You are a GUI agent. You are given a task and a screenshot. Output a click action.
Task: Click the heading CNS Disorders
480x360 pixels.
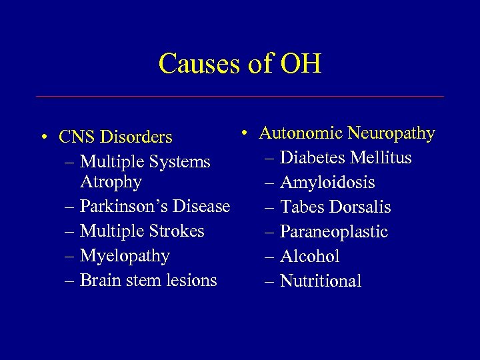(x=115, y=137)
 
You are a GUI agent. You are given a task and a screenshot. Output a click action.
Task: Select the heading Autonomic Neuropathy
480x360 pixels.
(x=347, y=133)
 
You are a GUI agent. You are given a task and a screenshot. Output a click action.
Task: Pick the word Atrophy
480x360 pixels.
(x=111, y=182)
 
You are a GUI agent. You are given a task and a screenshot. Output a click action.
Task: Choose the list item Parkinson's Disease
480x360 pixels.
(x=155, y=207)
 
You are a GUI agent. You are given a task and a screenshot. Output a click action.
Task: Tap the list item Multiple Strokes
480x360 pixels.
(x=142, y=231)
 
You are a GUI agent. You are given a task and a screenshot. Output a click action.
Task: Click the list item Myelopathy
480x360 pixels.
(x=125, y=256)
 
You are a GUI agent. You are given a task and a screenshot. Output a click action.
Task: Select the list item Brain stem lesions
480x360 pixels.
(x=148, y=280)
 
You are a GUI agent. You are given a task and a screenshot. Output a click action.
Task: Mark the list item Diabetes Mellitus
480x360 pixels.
(x=346, y=158)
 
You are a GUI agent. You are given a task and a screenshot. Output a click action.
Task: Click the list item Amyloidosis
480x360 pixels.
(x=327, y=183)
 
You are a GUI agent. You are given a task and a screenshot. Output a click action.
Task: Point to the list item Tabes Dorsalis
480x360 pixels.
(x=335, y=207)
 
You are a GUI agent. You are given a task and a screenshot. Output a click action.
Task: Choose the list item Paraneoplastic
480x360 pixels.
(x=334, y=232)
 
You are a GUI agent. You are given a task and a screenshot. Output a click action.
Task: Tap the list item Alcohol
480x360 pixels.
(x=310, y=257)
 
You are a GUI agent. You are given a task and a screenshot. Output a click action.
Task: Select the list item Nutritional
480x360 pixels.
(x=321, y=281)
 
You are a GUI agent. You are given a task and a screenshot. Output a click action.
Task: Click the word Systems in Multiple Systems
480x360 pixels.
(x=179, y=162)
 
